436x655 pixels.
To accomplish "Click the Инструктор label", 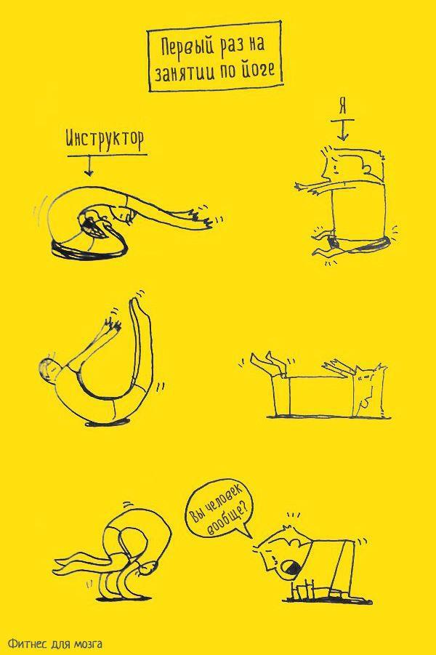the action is (105, 140).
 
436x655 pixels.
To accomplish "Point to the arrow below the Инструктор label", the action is (89, 166).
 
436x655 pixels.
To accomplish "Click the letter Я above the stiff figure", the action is (342, 108).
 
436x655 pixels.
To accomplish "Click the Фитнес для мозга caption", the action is (54, 643).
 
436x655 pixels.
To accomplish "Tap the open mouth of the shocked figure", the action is (290, 565).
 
